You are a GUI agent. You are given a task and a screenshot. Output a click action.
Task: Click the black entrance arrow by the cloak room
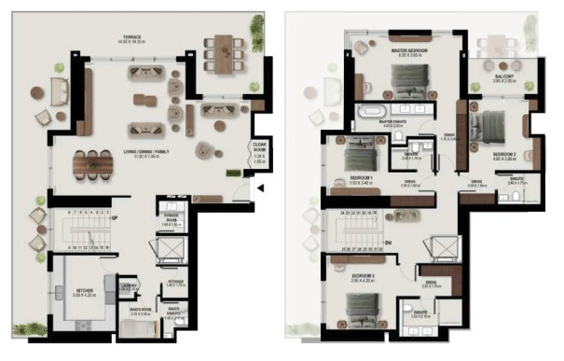[260, 189]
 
